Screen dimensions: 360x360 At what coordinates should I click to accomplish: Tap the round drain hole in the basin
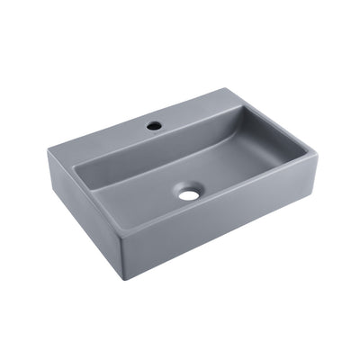[x=187, y=192]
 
